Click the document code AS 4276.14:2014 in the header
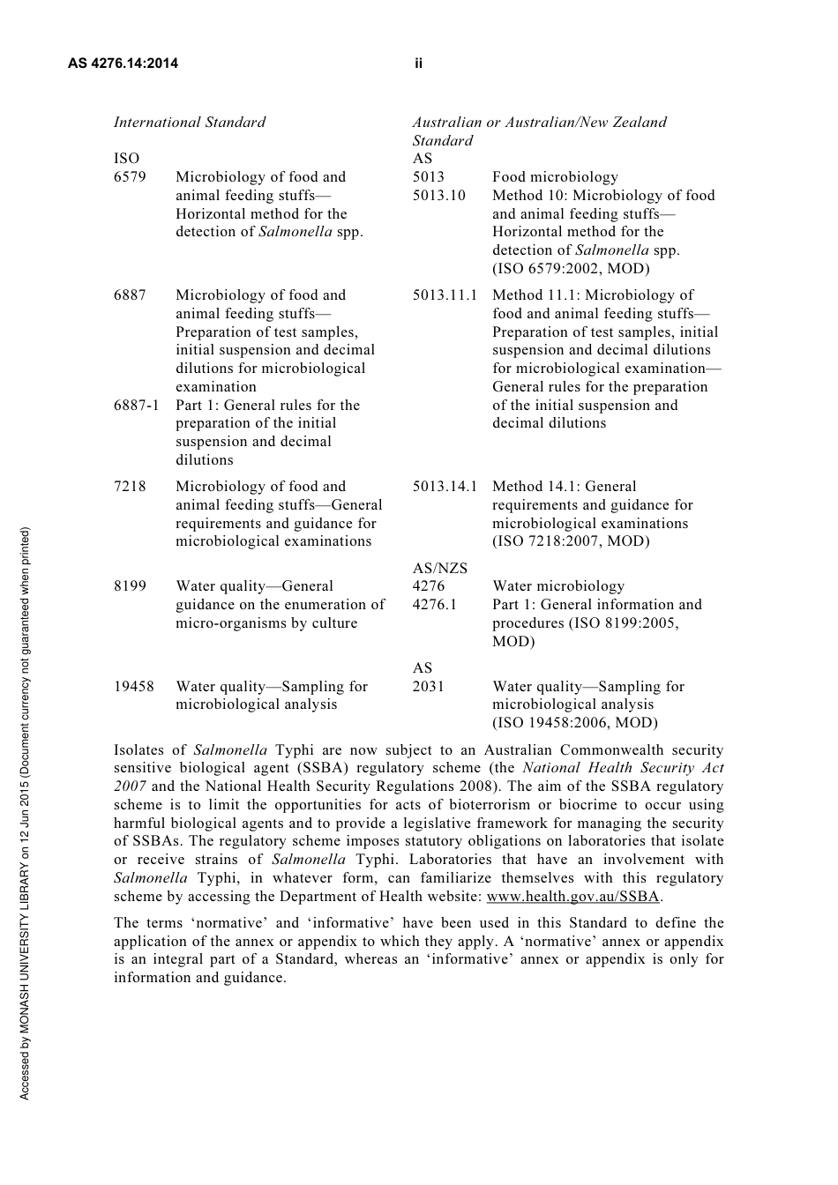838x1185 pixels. click(x=123, y=63)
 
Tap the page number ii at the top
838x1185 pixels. click(x=418, y=63)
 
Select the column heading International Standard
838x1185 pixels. click(x=190, y=123)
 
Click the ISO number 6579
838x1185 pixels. click(x=130, y=177)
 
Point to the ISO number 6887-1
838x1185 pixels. click(x=137, y=406)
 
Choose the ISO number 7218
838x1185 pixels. click(x=130, y=487)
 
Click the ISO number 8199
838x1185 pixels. click(x=130, y=586)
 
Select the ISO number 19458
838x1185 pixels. click(x=133, y=687)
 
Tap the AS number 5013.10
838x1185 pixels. click(x=438, y=196)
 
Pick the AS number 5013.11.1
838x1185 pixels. click(x=445, y=295)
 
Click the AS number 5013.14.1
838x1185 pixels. click(x=445, y=487)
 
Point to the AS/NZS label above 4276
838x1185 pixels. click(x=440, y=569)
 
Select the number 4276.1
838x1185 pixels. click(x=435, y=605)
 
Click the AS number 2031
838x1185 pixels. click(x=428, y=687)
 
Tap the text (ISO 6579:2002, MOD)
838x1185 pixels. click(x=571, y=269)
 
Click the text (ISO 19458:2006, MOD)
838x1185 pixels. click(x=575, y=723)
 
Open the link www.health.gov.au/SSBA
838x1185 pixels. click(x=572, y=897)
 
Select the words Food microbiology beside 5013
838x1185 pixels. click(x=555, y=177)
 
